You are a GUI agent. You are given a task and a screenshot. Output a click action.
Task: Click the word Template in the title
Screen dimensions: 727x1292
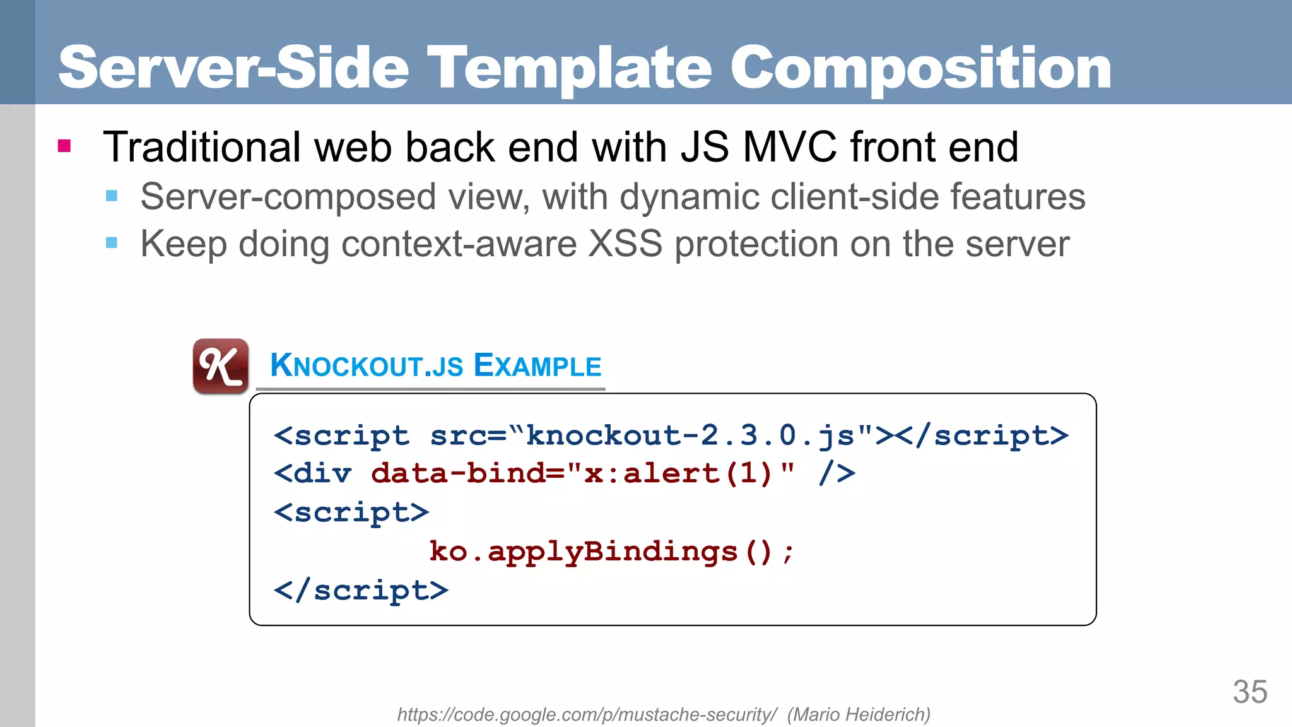pos(570,68)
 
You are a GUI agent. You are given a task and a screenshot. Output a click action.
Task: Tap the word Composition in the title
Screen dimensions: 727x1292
pos(920,68)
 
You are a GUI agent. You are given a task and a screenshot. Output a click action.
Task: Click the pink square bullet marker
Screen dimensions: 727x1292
pos(64,146)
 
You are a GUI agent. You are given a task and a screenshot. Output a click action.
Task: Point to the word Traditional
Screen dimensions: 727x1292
pos(202,147)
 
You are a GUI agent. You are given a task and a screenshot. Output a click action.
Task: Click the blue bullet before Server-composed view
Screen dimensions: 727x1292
pos(112,196)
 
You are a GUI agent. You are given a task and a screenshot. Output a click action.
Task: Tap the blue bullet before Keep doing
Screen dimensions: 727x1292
pos(112,243)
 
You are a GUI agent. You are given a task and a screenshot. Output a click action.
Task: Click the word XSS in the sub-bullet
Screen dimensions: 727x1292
pos(625,244)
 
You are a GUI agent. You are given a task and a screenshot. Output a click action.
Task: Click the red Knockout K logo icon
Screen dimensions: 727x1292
pos(220,366)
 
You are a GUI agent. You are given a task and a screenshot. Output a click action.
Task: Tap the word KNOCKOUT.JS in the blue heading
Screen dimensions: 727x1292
pos(367,365)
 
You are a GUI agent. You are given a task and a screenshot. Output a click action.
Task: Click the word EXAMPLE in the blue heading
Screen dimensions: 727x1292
pos(537,365)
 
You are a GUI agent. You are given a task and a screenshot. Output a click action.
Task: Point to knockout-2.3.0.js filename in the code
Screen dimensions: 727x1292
pos(690,435)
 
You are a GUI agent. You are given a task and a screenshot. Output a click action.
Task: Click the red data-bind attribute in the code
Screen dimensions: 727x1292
pos(467,473)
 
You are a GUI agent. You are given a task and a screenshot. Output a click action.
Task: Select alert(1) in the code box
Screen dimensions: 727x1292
pos(698,473)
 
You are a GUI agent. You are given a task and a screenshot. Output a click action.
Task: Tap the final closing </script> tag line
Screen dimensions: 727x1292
pos(361,591)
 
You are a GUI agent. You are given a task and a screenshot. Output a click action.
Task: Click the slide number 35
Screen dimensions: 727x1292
pos(1250,692)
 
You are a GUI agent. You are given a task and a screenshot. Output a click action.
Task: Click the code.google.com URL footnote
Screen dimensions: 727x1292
pos(587,714)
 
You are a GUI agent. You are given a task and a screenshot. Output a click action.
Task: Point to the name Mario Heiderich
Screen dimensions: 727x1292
pos(859,714)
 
